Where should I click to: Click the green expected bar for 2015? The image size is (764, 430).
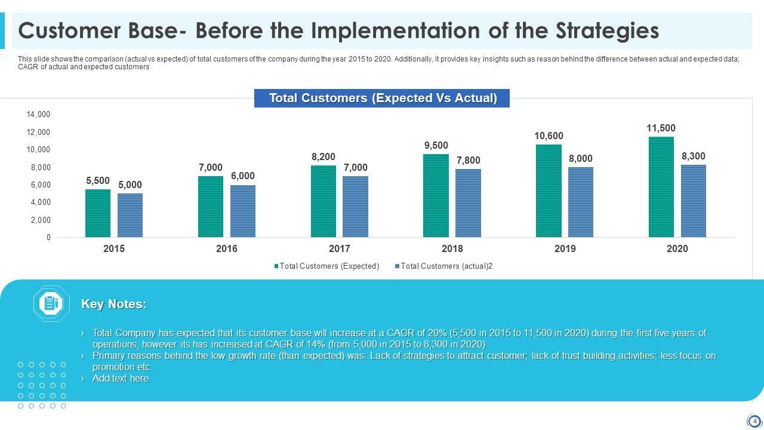tap(98, 213)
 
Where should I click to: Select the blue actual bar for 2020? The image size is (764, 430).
tap(694, 201)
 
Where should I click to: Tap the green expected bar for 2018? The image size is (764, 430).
tap(436, 196)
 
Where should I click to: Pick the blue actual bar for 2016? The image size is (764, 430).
tap(243, 211)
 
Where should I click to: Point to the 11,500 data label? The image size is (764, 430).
tap(661, 128)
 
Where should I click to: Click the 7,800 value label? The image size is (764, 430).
tap(468, 161)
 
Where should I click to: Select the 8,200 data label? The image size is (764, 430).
tap(324, 157)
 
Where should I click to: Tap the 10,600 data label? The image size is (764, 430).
tap(549, 136)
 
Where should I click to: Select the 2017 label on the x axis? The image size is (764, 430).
tap(340, 249)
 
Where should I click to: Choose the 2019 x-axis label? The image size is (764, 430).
tap(565, 249)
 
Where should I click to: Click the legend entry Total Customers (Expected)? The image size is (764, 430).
tap(329, 266)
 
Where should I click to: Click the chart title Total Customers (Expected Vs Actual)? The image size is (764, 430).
tap(382, 98)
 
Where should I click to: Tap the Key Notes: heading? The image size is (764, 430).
tap(114, 304)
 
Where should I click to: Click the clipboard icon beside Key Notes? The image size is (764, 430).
tap(51, 304)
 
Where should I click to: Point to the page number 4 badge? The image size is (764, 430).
tap(754, 421)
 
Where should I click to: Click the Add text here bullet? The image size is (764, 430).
tap(121, 379)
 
